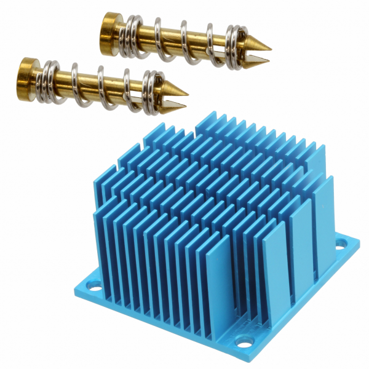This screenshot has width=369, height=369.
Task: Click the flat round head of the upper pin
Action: click(110, 27)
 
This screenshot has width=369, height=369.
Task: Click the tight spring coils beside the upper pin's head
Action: click(130, 38)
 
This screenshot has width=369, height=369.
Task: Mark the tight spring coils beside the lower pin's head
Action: click(49, 81)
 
